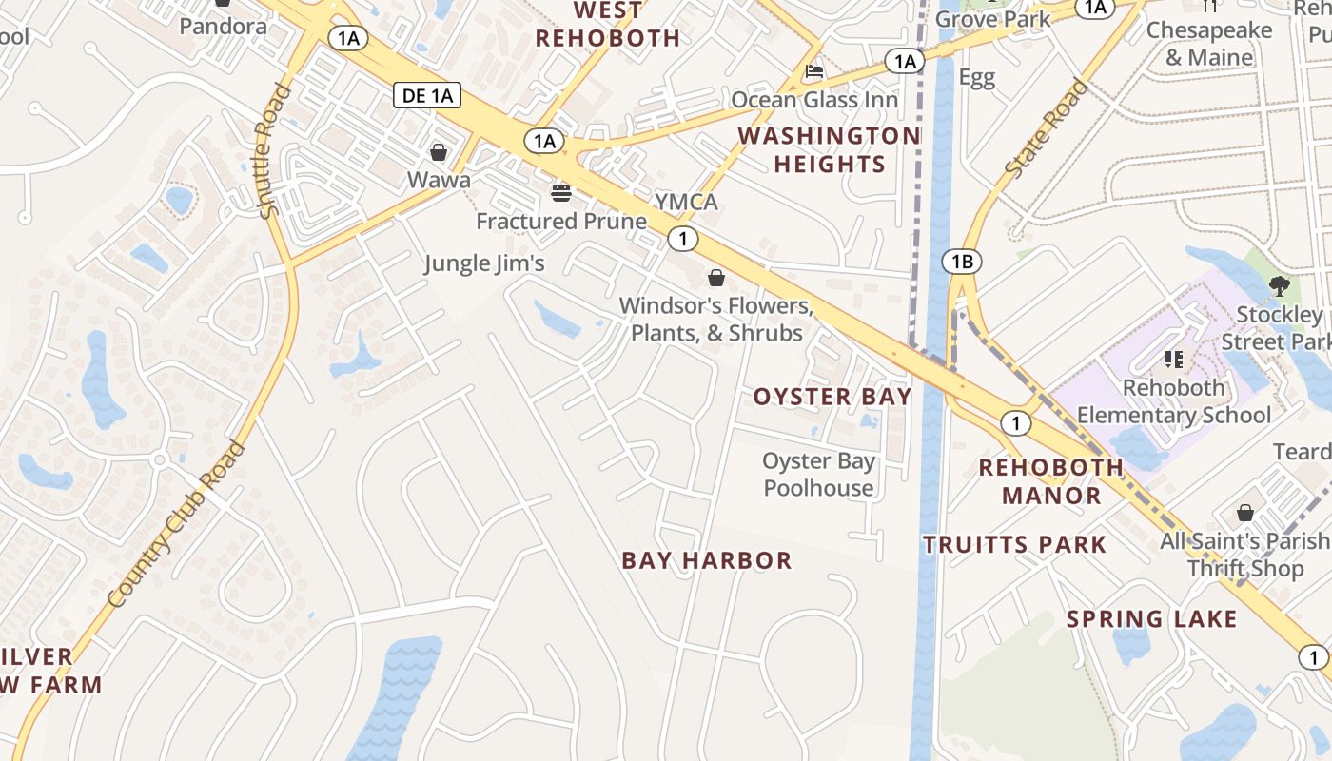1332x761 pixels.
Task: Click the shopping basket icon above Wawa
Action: pos(439,152)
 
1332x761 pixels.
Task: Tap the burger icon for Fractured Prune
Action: pos(561,193)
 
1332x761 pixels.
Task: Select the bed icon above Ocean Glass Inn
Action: pos(814,71)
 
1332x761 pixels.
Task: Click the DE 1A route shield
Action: pos(426,94)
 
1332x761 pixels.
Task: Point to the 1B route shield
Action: pos(961,262)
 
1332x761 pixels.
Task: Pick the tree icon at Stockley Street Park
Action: pos(1280,285)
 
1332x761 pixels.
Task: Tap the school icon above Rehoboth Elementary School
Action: pos(1174,360)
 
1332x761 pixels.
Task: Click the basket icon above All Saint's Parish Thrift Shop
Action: pos(1245,514)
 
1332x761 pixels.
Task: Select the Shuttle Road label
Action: pos(274,150)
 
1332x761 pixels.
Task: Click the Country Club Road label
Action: pos(177,523)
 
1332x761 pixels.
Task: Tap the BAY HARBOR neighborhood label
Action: pos(707,561)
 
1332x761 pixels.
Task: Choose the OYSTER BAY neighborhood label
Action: pos(832,397)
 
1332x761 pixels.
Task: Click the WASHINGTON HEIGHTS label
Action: pos(829,150)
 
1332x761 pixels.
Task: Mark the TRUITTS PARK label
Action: pos(1015,545)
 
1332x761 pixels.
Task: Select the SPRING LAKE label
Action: pos(1151,619)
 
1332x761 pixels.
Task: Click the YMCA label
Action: pos(686,203)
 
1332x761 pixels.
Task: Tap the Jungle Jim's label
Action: pos(484,263)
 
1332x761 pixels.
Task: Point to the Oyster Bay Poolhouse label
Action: pos(818,475)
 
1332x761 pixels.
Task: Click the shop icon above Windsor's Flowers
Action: pos(715,278)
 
